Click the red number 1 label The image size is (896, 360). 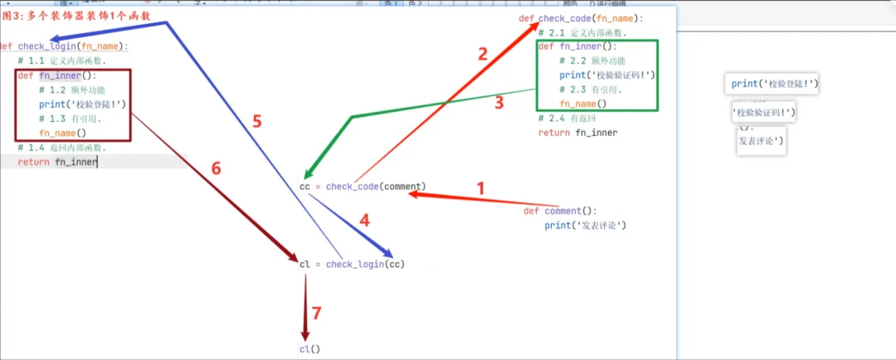click(x=480, y=187)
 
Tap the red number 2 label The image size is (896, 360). click(x=483, y=55)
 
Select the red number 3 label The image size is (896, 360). click(x=499, y=103)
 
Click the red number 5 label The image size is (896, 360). click(x=256, y=122)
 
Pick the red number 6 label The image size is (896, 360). click(x=216, y=168)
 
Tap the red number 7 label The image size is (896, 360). click(x=315, y=313)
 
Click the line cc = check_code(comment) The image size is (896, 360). click(x=363, y=186)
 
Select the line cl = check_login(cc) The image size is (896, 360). click(x=352, y=264)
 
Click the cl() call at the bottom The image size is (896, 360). click(x=309, y=349)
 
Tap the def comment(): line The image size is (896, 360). click(x=560, y=211)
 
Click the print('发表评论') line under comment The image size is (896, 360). click(x=584, y=226)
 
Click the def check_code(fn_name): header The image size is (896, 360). click(x=581, y=18)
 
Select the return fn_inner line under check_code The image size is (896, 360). click(x=577, y=133)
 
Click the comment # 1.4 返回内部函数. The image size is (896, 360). click(x=61, y=148)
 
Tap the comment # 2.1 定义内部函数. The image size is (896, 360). click(x=582, y=33)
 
